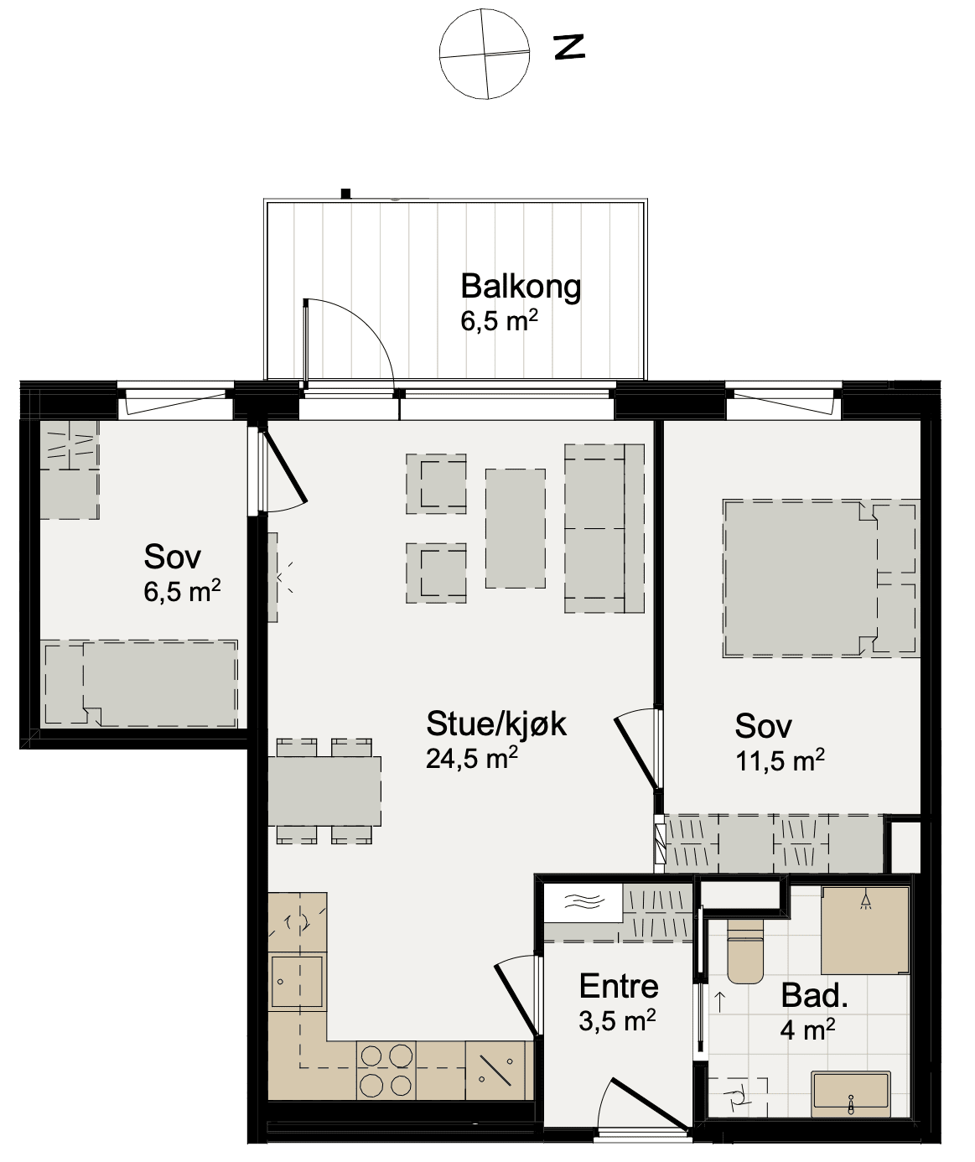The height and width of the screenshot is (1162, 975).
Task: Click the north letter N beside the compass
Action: pyautogui.click(x=568, y=47)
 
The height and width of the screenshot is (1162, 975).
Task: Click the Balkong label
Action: pyautogui.click(x=521, y=287)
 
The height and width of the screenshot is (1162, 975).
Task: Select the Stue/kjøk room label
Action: pyautogui.click(x=496, y=724)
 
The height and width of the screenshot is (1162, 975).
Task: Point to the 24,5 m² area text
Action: pyautogui.click(x=472, y=758)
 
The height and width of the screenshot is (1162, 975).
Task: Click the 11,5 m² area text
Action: pyautogui.click(x=781, y=760)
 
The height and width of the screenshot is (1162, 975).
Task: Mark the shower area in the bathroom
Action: pyautogui.click(x=865, y=931)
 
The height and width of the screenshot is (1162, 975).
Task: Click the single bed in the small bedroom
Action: pyautogui.click(x=140, y=683)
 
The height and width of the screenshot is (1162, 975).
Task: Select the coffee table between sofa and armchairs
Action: pyautogui.click(x=516, y=528)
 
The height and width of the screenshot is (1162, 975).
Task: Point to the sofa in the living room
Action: pyautogui.click(x=604, y=528)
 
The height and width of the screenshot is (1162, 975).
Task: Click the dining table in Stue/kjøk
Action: pyautogui.click(x=325, y=791)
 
